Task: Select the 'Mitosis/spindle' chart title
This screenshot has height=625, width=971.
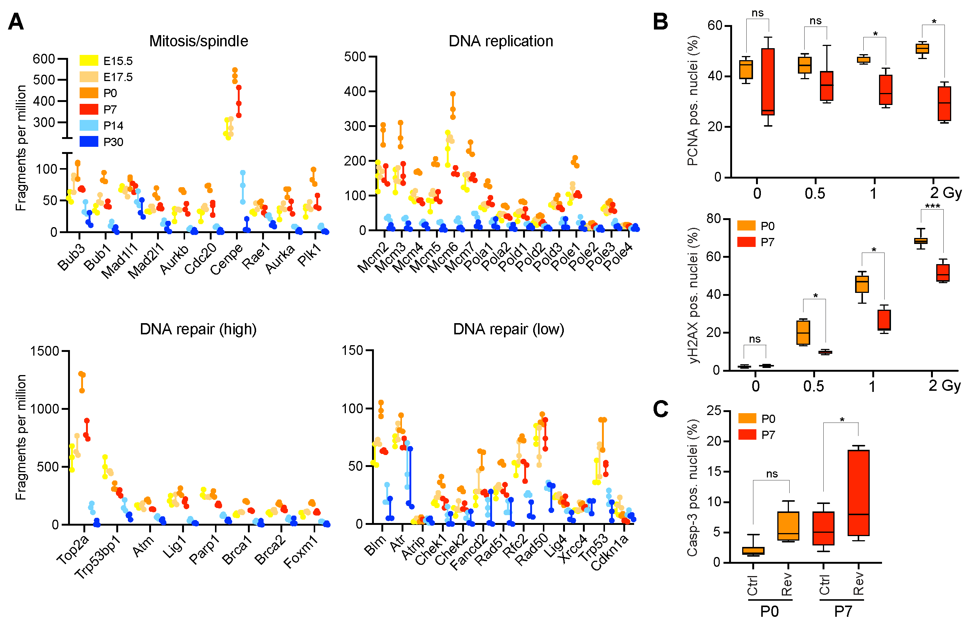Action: pos(199,41)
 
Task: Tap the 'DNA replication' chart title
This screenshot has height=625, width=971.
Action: pos(501,41)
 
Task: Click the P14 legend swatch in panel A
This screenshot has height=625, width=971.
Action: pos(89,126)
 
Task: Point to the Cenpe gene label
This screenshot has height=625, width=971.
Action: pos(227,259)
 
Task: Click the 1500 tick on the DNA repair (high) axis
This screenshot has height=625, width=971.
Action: pos(44,351)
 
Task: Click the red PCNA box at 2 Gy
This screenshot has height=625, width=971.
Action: pos(944,103)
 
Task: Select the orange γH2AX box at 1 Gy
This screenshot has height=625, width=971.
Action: pos(862,284)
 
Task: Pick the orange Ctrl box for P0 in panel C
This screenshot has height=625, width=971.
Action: pos(753,551)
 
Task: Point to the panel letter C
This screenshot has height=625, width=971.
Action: pos(661,409)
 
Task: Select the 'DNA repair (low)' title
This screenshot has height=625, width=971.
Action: pos(508,329)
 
